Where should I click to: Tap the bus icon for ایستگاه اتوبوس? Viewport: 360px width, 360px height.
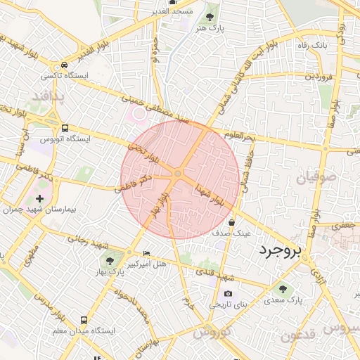point(65,129)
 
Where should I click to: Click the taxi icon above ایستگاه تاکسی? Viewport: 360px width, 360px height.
point(65,63)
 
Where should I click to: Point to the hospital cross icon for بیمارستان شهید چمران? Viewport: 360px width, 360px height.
point(39,199)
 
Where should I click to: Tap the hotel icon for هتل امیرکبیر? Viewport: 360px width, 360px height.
point(146,253)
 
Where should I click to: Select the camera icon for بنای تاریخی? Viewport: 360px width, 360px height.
point(227,294)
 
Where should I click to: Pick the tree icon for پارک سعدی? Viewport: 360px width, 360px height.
point(283,288)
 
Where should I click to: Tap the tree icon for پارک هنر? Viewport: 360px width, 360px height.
point(211,15)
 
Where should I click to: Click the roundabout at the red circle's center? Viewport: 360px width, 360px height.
point(179,174)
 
